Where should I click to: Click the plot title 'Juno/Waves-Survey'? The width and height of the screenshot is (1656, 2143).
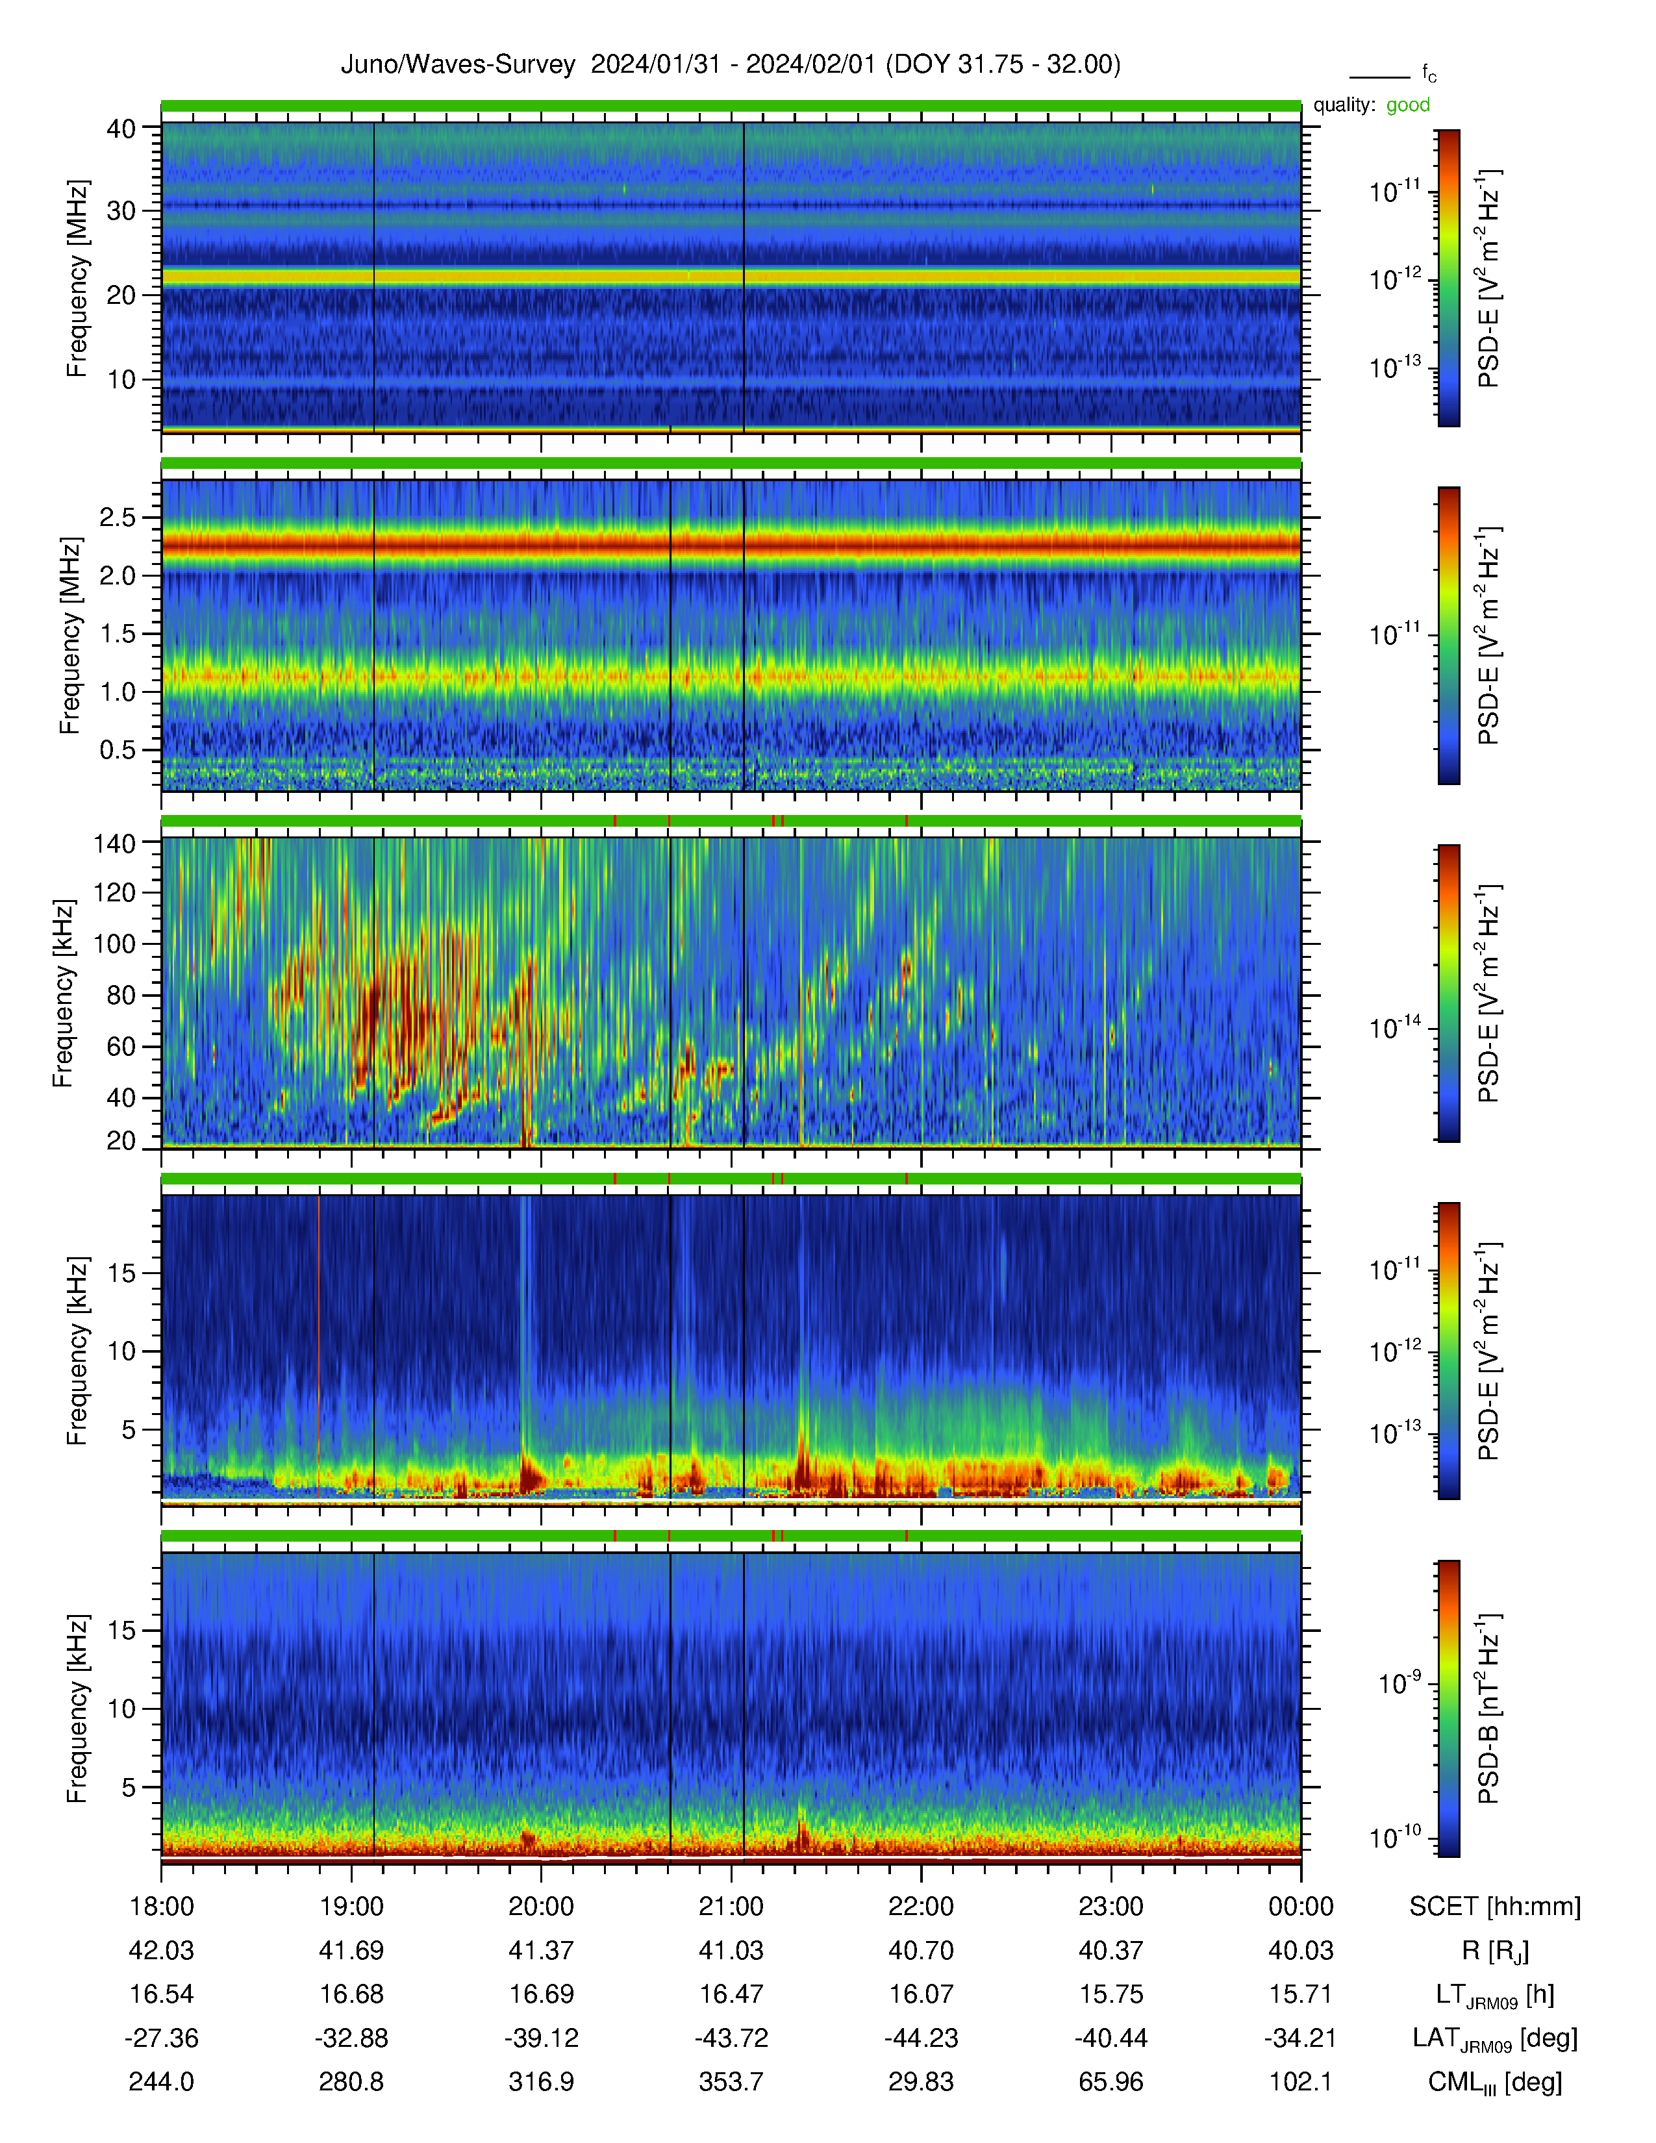point(457,65)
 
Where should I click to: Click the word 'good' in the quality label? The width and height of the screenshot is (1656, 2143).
point(1408,105)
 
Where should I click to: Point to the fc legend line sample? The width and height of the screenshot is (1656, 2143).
point(1379,77)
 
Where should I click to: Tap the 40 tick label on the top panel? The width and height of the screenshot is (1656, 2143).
point(121,129)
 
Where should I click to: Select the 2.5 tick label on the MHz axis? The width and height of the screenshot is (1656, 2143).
point(117,517)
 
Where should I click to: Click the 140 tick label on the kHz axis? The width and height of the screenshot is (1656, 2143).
point(114,843)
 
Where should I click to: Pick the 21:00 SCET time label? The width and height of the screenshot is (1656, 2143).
point(731,1907)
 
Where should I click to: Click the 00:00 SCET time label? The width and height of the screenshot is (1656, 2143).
point(1301,1907)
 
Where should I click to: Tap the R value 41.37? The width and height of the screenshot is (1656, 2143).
point(542,1951)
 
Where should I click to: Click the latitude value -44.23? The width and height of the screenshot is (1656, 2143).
point(922,2038)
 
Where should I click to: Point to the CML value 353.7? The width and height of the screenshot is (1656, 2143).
point(731,2082)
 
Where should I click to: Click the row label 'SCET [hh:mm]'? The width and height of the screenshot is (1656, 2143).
point(1495,1907)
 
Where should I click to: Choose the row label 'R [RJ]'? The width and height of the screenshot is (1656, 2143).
point(1495,1951)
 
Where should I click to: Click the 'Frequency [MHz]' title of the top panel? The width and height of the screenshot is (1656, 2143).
point(77,279)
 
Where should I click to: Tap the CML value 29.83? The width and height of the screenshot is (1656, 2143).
point(922,2082)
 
